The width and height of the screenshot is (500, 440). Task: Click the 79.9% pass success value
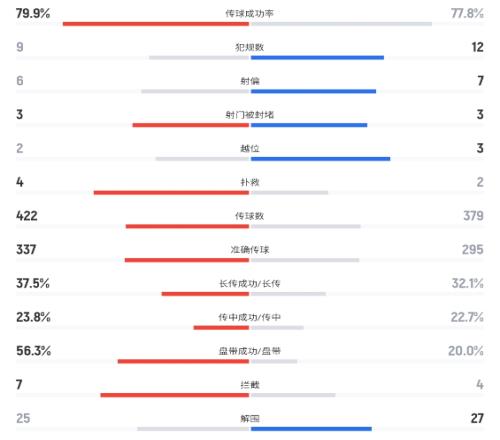tap(33, 13)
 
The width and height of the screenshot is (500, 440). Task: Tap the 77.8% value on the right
tap(467, 13)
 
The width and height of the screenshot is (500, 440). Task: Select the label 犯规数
tap(250, 47)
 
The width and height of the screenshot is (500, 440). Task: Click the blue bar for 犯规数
tap(317, 58)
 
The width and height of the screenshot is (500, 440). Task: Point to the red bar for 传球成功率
tap(156, 24)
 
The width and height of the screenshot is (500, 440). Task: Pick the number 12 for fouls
tap(477, 47)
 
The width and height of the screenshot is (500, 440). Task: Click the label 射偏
tap(250, 81)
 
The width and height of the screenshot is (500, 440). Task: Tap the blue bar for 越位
tap(320, 159)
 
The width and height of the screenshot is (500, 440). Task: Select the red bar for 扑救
tap(171, 192)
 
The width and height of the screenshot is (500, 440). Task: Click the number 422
tap(27, 216)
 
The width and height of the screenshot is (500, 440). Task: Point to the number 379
tap(473, 216)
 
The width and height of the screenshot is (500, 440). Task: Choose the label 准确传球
tap(250, 250)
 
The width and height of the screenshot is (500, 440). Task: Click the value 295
tap(473, 249)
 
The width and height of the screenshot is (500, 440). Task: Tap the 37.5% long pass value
tap(33, 283)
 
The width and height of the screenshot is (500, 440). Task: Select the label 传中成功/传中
tap(250, 317)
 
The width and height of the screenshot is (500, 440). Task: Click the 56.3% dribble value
tap(33, 351)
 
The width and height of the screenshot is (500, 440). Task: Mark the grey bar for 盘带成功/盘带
tap(274, 361)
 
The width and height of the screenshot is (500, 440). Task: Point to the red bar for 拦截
tap(175, 395)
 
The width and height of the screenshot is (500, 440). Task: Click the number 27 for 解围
tap(477, 418)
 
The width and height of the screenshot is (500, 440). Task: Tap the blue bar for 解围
tap(311, 429)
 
